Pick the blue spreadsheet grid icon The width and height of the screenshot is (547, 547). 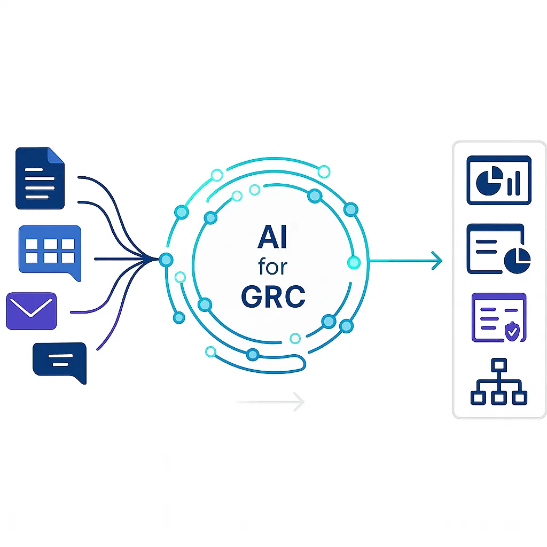click(50, 251)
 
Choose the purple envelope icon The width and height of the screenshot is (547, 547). click(31, 310)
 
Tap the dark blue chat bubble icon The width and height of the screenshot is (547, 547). click(59, 361)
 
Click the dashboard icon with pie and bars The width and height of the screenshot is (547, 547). click(499, 179)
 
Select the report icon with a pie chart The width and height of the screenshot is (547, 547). click(499, 249)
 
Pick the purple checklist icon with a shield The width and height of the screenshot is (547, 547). click(499, 317)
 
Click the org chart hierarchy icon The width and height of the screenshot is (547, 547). click(499, 381)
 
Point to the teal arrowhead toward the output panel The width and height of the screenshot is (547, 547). click(437, 261)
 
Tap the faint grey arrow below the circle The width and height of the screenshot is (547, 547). click(270, 402)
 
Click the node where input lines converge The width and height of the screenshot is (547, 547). click(166, 260)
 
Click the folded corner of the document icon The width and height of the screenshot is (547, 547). click(57, 155)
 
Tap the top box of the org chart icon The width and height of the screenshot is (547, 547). click(499, 366)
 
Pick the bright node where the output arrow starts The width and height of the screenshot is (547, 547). click(354, 262)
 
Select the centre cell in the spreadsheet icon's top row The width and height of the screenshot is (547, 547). click(50, 245)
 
